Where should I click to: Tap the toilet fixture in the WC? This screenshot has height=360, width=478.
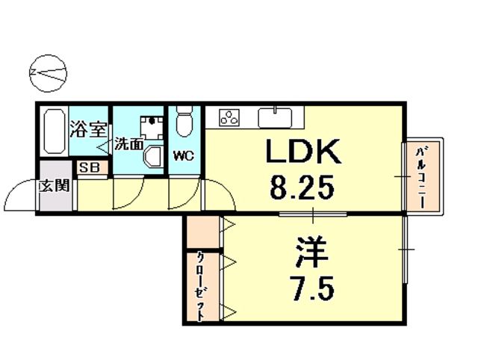pos(184,120)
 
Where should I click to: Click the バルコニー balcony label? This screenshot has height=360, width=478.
pos(421,177)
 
